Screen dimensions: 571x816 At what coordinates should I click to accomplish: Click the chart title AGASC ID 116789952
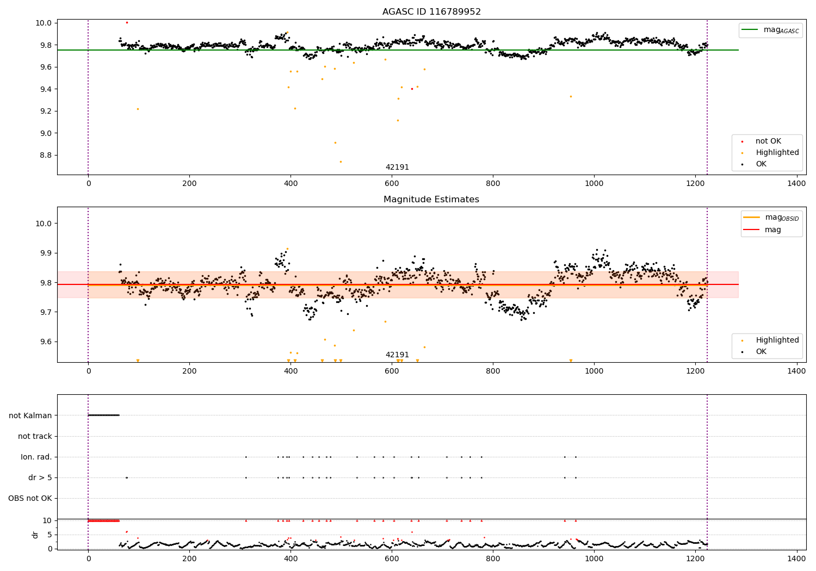point(431,12)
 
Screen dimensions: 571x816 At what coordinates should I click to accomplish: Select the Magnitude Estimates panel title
point(431,200)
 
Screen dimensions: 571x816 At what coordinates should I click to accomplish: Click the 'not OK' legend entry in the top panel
point(768,141)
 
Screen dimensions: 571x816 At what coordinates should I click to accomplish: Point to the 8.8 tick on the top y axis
point(44,155)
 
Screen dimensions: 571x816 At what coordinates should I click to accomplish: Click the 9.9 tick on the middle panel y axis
point(44,253)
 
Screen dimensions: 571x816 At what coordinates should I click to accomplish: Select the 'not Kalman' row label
point(30,415)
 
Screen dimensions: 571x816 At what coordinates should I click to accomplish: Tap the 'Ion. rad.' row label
point(36,457)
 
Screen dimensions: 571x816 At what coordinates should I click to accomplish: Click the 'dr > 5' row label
point(40,477)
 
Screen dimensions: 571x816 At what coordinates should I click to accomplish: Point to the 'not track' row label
point(35,436)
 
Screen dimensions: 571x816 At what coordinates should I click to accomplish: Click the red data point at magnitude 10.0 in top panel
point(127,22)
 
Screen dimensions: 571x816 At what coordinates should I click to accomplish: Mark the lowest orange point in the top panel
point(341,162)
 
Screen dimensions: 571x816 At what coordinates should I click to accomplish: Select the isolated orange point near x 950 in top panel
point(571,96)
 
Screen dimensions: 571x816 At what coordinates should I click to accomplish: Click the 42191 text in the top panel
point(397,167)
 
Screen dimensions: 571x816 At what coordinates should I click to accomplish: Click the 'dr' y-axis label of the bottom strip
point(35,535)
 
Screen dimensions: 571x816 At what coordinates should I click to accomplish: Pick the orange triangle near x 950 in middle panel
point(571,361)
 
